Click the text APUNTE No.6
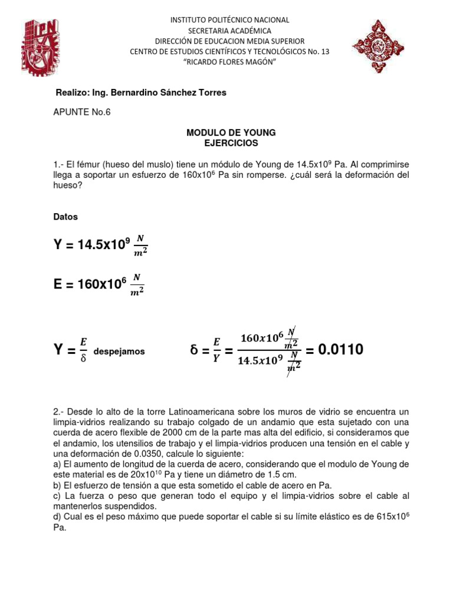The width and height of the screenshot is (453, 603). pos(82,113)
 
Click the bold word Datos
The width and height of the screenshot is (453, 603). pos(65,217)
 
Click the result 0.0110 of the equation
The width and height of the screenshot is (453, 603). pos(341,350)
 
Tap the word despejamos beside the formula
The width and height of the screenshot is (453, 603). pos(120,352)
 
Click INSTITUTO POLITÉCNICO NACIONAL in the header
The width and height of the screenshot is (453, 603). pos(230,20)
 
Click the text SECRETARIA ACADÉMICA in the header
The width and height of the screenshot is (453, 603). pos(230,31)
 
